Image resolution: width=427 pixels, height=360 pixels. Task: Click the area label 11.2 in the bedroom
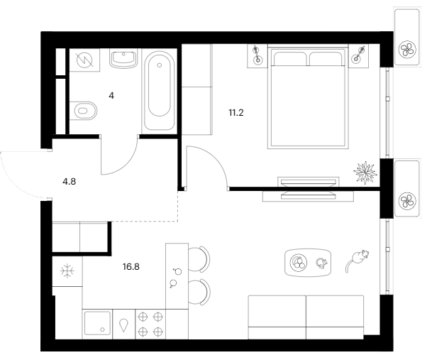click(x=236, y=113)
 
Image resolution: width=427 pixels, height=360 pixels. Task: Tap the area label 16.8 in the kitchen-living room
click(x=131, y=266)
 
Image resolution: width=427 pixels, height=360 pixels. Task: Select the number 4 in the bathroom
click(x=111, y=96)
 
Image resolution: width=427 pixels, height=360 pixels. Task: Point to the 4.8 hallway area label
click(x=70, y=181)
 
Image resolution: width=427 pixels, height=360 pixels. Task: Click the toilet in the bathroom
click(x=83, y=111)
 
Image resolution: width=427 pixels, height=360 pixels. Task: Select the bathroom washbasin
click(x=123, y=59)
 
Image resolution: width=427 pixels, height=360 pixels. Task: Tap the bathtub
click(x=160, y=91)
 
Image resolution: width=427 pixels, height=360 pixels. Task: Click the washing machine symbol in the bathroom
click(x=84, y=60)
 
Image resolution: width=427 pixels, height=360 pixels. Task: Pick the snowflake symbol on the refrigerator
click(x=67, y=271)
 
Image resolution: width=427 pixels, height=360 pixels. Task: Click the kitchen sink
click(x=97, y=324)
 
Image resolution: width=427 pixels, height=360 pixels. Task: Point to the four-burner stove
click(x=150, y=324)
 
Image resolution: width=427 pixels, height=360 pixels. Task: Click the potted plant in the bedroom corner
click(x=365, y=173)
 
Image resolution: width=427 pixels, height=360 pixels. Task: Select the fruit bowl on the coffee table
click(x=299, y=263)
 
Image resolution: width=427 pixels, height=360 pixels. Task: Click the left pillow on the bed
click(x=290, y=59)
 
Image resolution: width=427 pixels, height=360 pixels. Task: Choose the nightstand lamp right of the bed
click(x=357, y=55)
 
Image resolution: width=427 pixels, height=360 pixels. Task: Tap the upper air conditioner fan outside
click(x=407, y=50)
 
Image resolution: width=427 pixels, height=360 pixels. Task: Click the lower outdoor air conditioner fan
click(x=407, y=201)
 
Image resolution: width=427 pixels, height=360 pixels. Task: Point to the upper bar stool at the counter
click(x=199, y=259)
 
